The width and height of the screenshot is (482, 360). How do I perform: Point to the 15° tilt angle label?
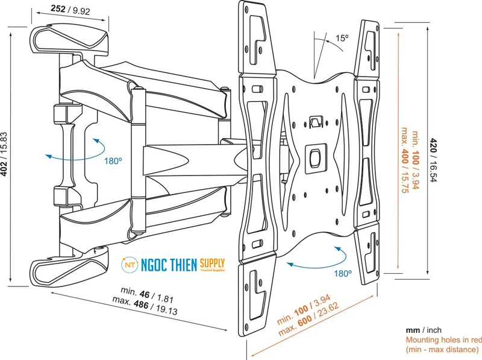click(x=342, y=38)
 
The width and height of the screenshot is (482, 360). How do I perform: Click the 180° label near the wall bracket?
click(x=112, y=161)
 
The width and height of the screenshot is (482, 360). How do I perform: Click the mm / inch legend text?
click(x=423, y=330)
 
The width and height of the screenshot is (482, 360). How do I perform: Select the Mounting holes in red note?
click(x=442, y=340)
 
